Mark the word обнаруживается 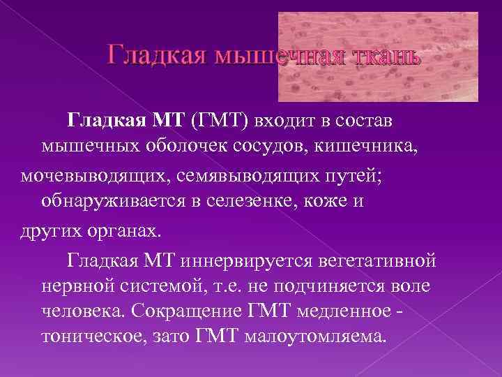pos(118,202)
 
